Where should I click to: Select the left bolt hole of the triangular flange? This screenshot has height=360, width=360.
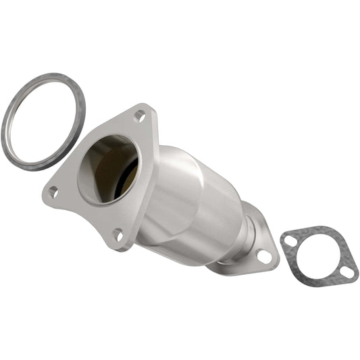coord(53,192)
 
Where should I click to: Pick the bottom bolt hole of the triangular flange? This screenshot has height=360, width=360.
coord(118,235)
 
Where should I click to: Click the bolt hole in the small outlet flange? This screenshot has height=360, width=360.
coord(264,256)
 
